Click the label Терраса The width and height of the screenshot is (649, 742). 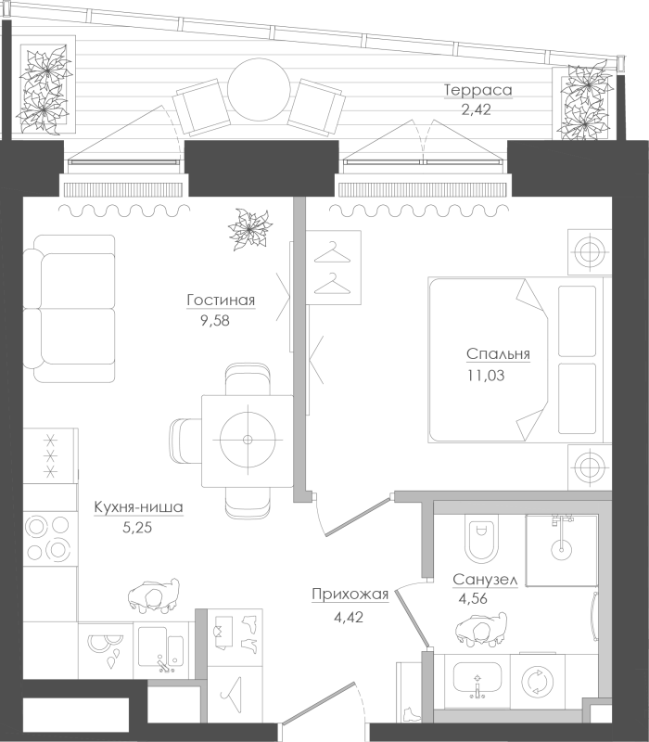pyautogui.click(x=478, y=90)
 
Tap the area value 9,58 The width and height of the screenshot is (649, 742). pyautogui.click(x=215, y=321)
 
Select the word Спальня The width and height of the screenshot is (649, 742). pyautogui.click(x=498, y=354)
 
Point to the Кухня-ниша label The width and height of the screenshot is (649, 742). pyautogui.click(x=138, y=507)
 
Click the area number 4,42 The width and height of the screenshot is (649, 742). pyautogui.click(x=349, y=617)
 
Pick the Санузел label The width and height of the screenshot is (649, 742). pyautogui.click(x=485, y=580)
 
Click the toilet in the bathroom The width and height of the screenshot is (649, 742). pyautogui.click(x=481, y=539)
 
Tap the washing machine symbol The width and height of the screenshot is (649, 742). pyautogui.click(x=538, y=682)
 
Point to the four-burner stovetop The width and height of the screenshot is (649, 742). pyautogui.click(x=49, y=538)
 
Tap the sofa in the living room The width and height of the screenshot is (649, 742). pyautogui.click(x=70, y=308)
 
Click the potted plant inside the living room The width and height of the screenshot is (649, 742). pyautogui.click(x=249, y=229)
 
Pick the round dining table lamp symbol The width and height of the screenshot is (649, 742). pyautogui.click(x=248, y=440)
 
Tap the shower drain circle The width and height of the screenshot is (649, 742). pyautogui.click(x=561, y=550)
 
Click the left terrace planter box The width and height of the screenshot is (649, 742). pyautogui.click(x=47, y=85)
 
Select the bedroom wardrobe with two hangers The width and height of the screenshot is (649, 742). pyautogui.click(x=334, y=267)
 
